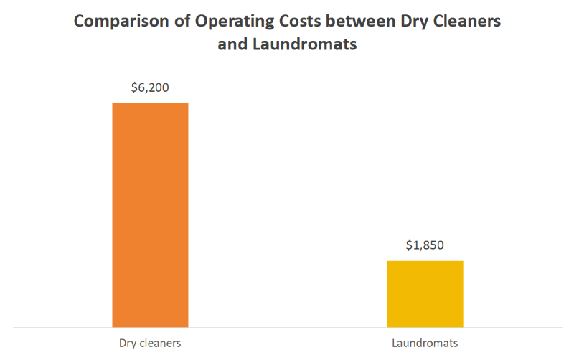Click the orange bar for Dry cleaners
(150, 215)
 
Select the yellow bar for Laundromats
(425, 294)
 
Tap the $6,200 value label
(150, 88)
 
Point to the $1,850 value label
(425, 245)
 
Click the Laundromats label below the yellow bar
(425, 343)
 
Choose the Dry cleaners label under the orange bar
(150, 343)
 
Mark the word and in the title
(232, 44)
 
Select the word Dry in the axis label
(128, 343)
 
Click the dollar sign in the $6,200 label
(134, 88)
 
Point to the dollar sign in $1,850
(409, 245)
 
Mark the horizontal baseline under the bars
(287, 328)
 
